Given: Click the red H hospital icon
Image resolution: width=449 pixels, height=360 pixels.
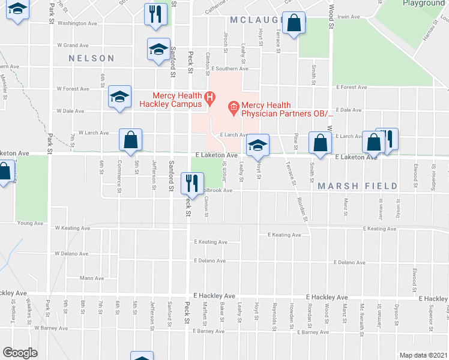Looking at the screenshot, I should tap(209, 97).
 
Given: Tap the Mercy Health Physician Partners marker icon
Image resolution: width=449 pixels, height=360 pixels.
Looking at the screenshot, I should tap(234, 108).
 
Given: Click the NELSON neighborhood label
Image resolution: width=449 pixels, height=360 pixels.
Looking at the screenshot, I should tap(91, 58).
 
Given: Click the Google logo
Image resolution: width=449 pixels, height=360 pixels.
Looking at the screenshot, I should tap(20, 353).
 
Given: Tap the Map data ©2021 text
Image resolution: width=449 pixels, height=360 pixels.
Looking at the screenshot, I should tap(424, 355).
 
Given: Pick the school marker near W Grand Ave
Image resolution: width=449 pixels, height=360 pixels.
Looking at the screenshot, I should tap(158, 50).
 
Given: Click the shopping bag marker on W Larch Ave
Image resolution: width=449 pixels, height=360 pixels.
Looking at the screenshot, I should tap(130, 140).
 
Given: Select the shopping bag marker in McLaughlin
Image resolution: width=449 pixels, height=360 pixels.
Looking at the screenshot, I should tap(294, 25).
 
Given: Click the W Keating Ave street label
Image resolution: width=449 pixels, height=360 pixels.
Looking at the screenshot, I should tap(71, 228).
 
